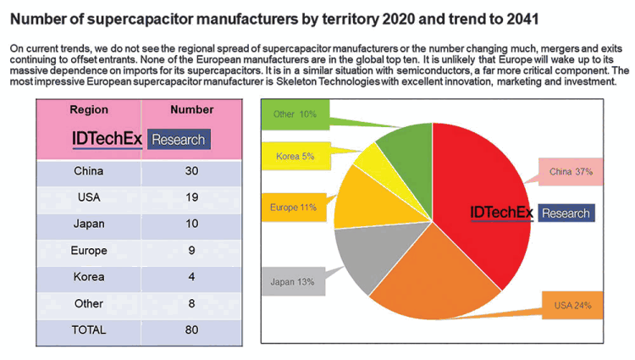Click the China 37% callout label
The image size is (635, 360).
[x=571, y=172]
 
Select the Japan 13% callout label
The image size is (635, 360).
[x=293, y=282]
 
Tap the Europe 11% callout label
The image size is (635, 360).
[x=295, y=207]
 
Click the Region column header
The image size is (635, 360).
[x=89, y=110]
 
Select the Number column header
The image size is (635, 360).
[x=191, y=110]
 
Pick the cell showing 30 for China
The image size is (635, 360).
[x=191, y=171]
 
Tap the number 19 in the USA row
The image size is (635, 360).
[x=191, y=197]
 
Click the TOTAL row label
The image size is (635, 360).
[x=89, y=330]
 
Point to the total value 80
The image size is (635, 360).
[x=191, y=330]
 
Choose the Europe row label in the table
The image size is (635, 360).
[x=89, y=251]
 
